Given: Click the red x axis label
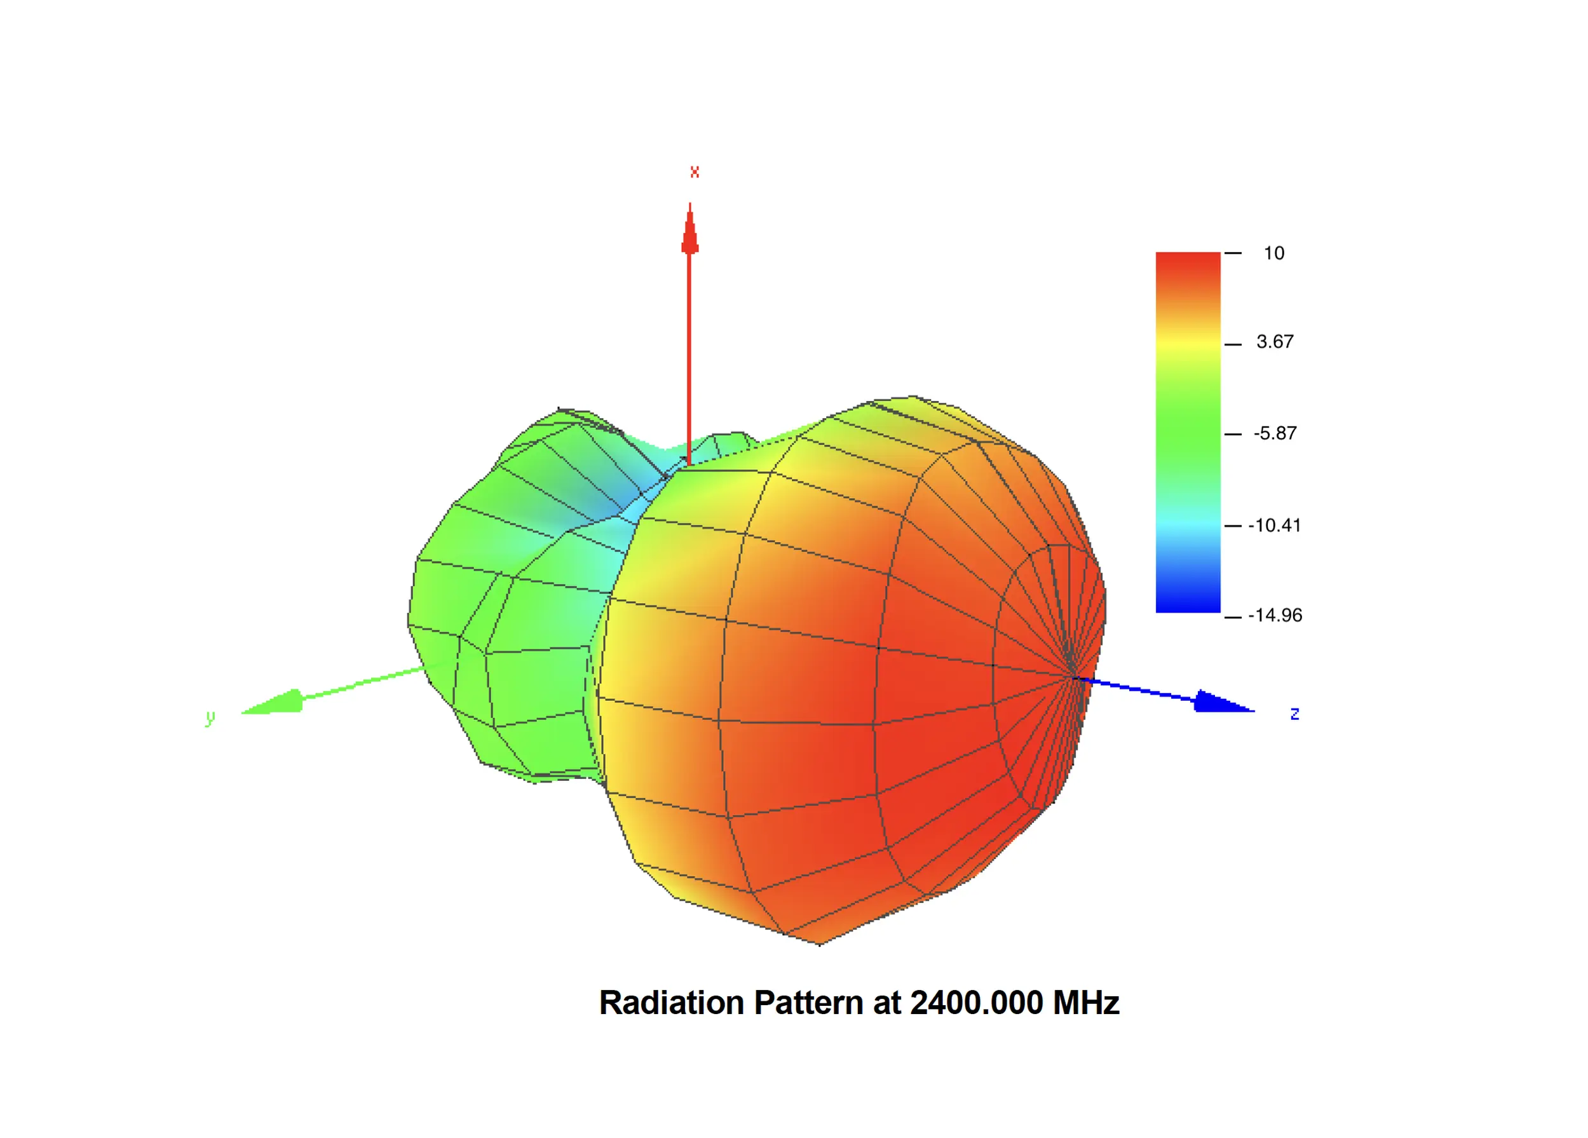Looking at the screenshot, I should pos(694,172).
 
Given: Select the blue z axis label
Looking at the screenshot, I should pos(1294,714).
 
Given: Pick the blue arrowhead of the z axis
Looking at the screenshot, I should pos(1221,701).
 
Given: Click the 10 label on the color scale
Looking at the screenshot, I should pos(1273,253).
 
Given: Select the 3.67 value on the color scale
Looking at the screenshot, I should pos(1274,342).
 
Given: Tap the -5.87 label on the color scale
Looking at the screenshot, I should pos(1274,433).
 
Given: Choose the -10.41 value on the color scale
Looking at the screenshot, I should pos(1274,525).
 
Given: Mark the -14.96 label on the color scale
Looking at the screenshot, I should pos(1274,616).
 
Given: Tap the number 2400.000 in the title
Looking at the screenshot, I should pos(976,1003).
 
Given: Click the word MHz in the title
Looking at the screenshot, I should pos(1086,1003).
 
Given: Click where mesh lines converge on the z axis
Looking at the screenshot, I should pos(1074,677).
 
